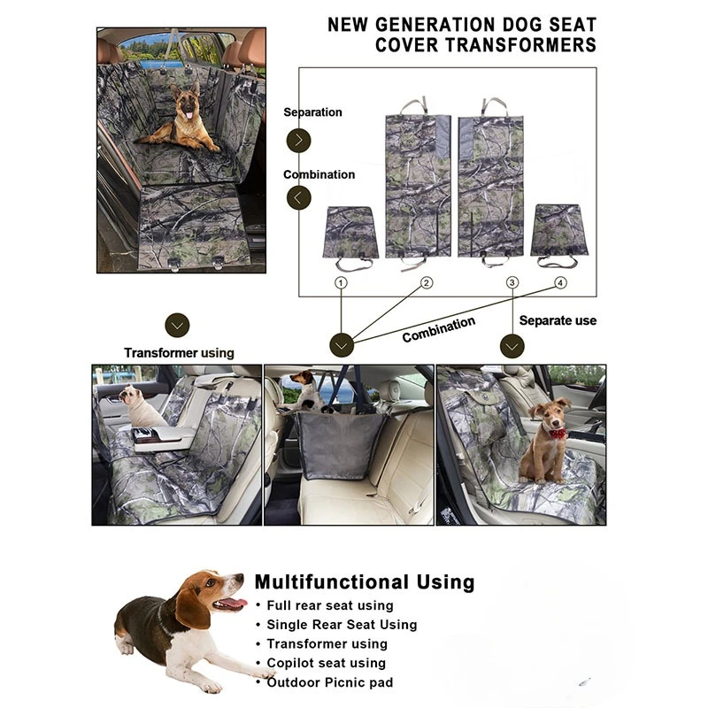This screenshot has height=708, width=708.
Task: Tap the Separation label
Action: click(312, 112)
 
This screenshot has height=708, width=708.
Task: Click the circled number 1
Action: click(342, 283)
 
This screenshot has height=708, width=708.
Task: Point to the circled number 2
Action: click(427, 283)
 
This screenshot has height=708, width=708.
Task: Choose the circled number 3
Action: click(512, 283)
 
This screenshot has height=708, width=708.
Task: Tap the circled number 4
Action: click(560, 283)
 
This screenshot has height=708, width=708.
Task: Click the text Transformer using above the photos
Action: click(179, 352)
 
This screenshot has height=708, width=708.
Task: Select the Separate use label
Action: click(558, 320)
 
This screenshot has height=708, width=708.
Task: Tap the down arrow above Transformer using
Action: click(178, 325)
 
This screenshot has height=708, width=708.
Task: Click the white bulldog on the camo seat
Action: click(139, 407)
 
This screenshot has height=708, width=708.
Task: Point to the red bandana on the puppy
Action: click(555, 434)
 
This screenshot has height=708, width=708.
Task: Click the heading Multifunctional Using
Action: click(364, 582)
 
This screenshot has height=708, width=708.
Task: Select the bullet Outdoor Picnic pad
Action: click(329, 682)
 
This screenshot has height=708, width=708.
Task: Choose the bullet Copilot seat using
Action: click(326, 663)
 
